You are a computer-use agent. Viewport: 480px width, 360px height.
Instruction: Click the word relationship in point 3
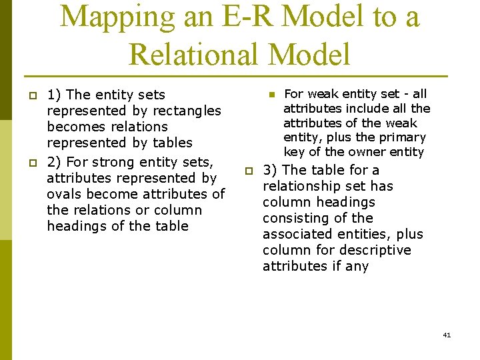click(x=298, y=186)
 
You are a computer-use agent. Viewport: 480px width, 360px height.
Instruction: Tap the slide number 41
click(x=447, y=335)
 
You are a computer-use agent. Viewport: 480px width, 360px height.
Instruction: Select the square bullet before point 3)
click(x=246, y=171)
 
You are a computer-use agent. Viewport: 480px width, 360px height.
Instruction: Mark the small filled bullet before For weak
click(x=271, y=95)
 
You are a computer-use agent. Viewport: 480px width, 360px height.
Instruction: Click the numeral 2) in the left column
click(x=55, y=162)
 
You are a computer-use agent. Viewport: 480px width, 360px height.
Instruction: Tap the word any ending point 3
click(x=357, y=266)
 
